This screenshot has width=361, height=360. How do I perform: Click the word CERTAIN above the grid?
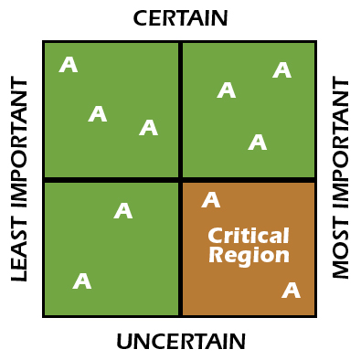[180, 18]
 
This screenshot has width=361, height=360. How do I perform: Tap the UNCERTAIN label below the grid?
[180, 342]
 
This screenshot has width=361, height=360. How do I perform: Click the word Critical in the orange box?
[248, 236]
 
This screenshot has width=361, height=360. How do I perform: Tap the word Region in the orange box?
[249, 256]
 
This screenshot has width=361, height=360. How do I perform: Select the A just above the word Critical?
[211, 200]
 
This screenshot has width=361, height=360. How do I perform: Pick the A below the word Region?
[291, 291]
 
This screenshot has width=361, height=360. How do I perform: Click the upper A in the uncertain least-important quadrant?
[123, 211]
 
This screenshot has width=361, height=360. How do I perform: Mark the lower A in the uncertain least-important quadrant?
[82, 281]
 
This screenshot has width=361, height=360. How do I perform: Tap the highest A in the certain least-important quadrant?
[69, 65]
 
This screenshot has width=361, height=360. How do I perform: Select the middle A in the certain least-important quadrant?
[98, 114]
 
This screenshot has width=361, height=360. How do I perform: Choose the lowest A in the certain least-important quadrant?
[148, 128]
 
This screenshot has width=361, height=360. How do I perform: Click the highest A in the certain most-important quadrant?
[281, 70]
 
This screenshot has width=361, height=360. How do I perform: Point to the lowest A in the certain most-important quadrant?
[258, 143]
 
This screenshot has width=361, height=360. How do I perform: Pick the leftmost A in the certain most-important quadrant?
[227, 90]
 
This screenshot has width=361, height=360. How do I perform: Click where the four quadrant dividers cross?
[180, 179]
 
